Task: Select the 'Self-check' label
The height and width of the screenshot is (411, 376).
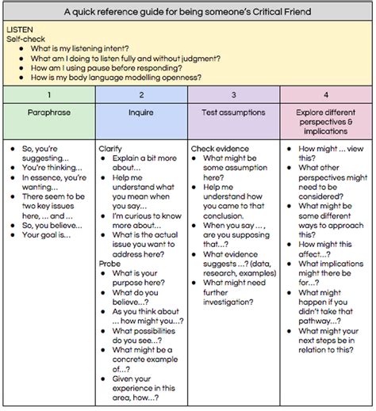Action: pyautogui.click(x=26, y=38)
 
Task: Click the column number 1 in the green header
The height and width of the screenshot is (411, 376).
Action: pyautogui.click(x=48, y=94)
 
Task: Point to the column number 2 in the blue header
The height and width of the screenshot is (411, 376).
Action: pyautogui.click(x=141, y=94)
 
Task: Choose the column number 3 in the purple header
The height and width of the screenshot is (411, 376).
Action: pyautogui.click(x=233, y=94)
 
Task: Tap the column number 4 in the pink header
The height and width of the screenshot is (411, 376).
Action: pyautogui.click(x=325, y=94)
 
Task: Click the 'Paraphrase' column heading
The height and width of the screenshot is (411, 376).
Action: pyautogui.click(x=48, y=113)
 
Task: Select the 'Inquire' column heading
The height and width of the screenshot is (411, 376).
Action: pyautogui.click(x=141, y=113)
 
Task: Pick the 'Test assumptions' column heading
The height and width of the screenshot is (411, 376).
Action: pyautogui.click(x=233, y=113)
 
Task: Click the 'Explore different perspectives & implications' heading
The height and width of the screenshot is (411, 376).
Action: pyautogui.click(x=325, y=123)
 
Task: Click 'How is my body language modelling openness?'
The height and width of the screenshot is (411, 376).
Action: pyautogui.click(x=117, y=77)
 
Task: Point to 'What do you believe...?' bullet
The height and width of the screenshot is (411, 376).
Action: pyautogui.click(x=136, y=298)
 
